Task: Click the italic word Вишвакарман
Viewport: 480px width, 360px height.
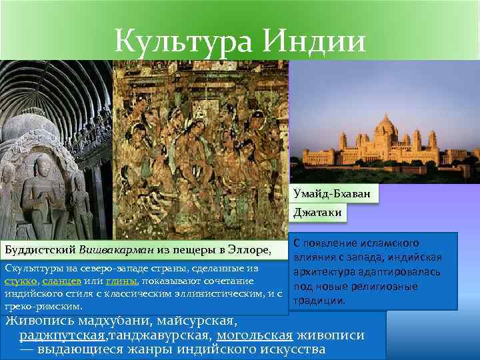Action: pyautogui.click(x=114, y=251)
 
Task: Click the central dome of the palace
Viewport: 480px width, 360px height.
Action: pyautogui.click(x=387, y=126)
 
